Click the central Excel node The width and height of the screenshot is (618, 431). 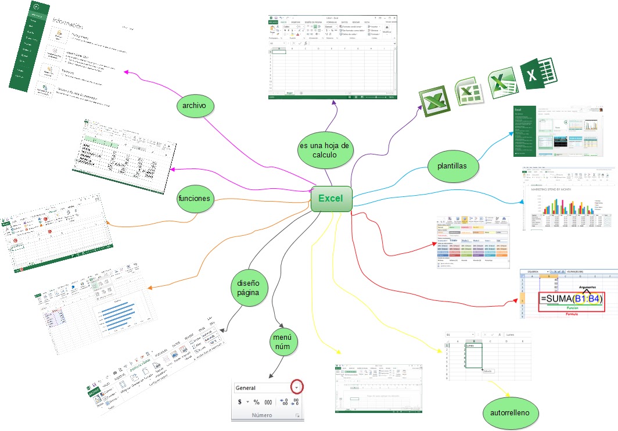coord(331,199)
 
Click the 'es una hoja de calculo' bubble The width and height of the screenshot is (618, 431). coord(324,150)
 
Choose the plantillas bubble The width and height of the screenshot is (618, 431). coord(455,166)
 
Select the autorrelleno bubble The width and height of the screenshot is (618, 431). coord(510,413)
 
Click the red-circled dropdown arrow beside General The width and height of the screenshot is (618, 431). coord(297,387)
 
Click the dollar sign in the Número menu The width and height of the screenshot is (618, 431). coord(240,402)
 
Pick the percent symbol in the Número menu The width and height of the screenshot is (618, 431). coord(256,402)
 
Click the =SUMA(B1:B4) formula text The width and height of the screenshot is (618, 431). coord(571,299)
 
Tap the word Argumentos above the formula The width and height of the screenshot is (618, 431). coord(582,280)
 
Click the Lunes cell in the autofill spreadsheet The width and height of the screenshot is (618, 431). coord(470,345)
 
